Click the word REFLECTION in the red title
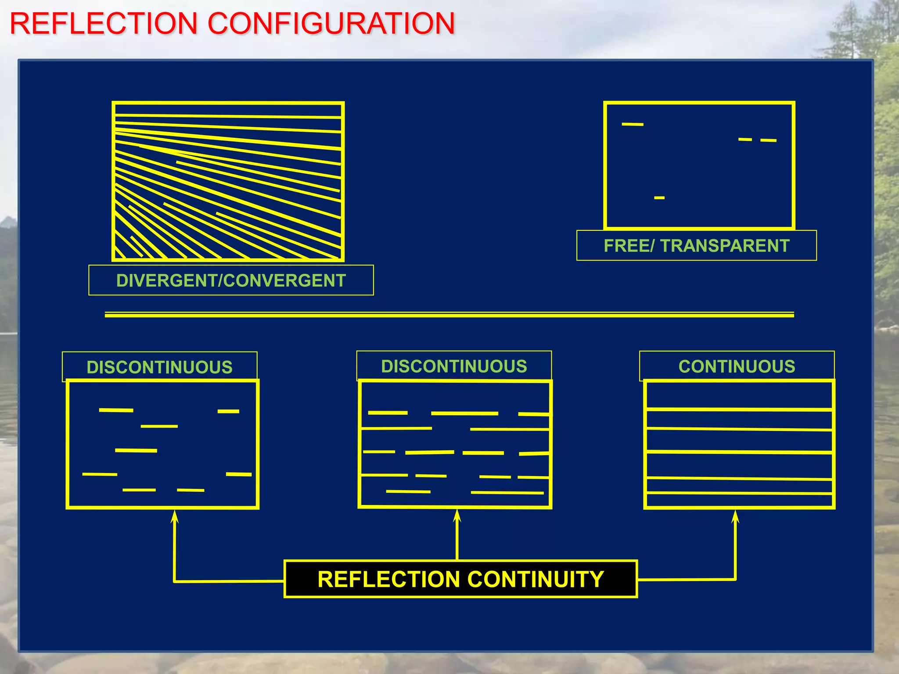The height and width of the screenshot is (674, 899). (104, 24)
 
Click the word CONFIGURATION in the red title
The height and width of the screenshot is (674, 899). (331, 24)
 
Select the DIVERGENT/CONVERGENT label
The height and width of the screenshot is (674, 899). (231, 280)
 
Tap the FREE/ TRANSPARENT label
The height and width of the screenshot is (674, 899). (696, 246)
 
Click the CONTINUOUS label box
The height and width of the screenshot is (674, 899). (737, 366)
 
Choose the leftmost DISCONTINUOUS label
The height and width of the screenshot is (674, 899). (159, 367)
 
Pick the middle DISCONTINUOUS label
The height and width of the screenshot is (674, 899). (454, 366)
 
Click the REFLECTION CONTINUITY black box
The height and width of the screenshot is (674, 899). (460, 579)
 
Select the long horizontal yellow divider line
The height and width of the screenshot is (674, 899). (449, 315)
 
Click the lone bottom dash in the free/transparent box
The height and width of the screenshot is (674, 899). (659, 198)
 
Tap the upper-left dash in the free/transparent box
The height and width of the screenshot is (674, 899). (633, 124)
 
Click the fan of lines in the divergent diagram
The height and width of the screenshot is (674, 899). (228, 184)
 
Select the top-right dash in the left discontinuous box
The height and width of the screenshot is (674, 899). (228, 411)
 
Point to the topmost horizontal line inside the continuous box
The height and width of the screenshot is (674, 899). (739, 409)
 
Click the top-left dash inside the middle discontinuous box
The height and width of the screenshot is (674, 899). (388, 413)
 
